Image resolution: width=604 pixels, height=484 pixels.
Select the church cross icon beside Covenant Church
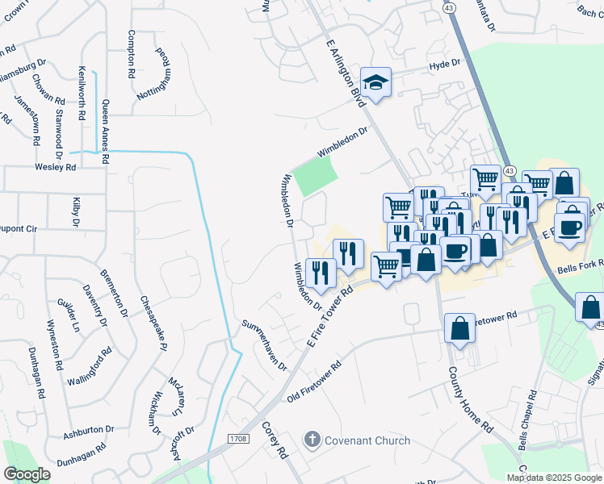coord(312,440)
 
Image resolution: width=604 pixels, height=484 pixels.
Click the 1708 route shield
coord(237,439)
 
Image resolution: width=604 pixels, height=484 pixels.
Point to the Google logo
coord(27,474)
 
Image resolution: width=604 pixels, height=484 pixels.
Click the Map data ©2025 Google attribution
coord(554,478)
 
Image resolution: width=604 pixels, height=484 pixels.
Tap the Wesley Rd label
coord(55,168)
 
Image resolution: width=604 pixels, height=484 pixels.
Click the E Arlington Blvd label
coord(346,71)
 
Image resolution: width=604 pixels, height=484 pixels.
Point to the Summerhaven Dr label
coord(265,344)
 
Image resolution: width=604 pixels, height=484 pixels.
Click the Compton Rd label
coord(131,52)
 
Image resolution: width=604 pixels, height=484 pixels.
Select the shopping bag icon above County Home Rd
coord(459,328)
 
